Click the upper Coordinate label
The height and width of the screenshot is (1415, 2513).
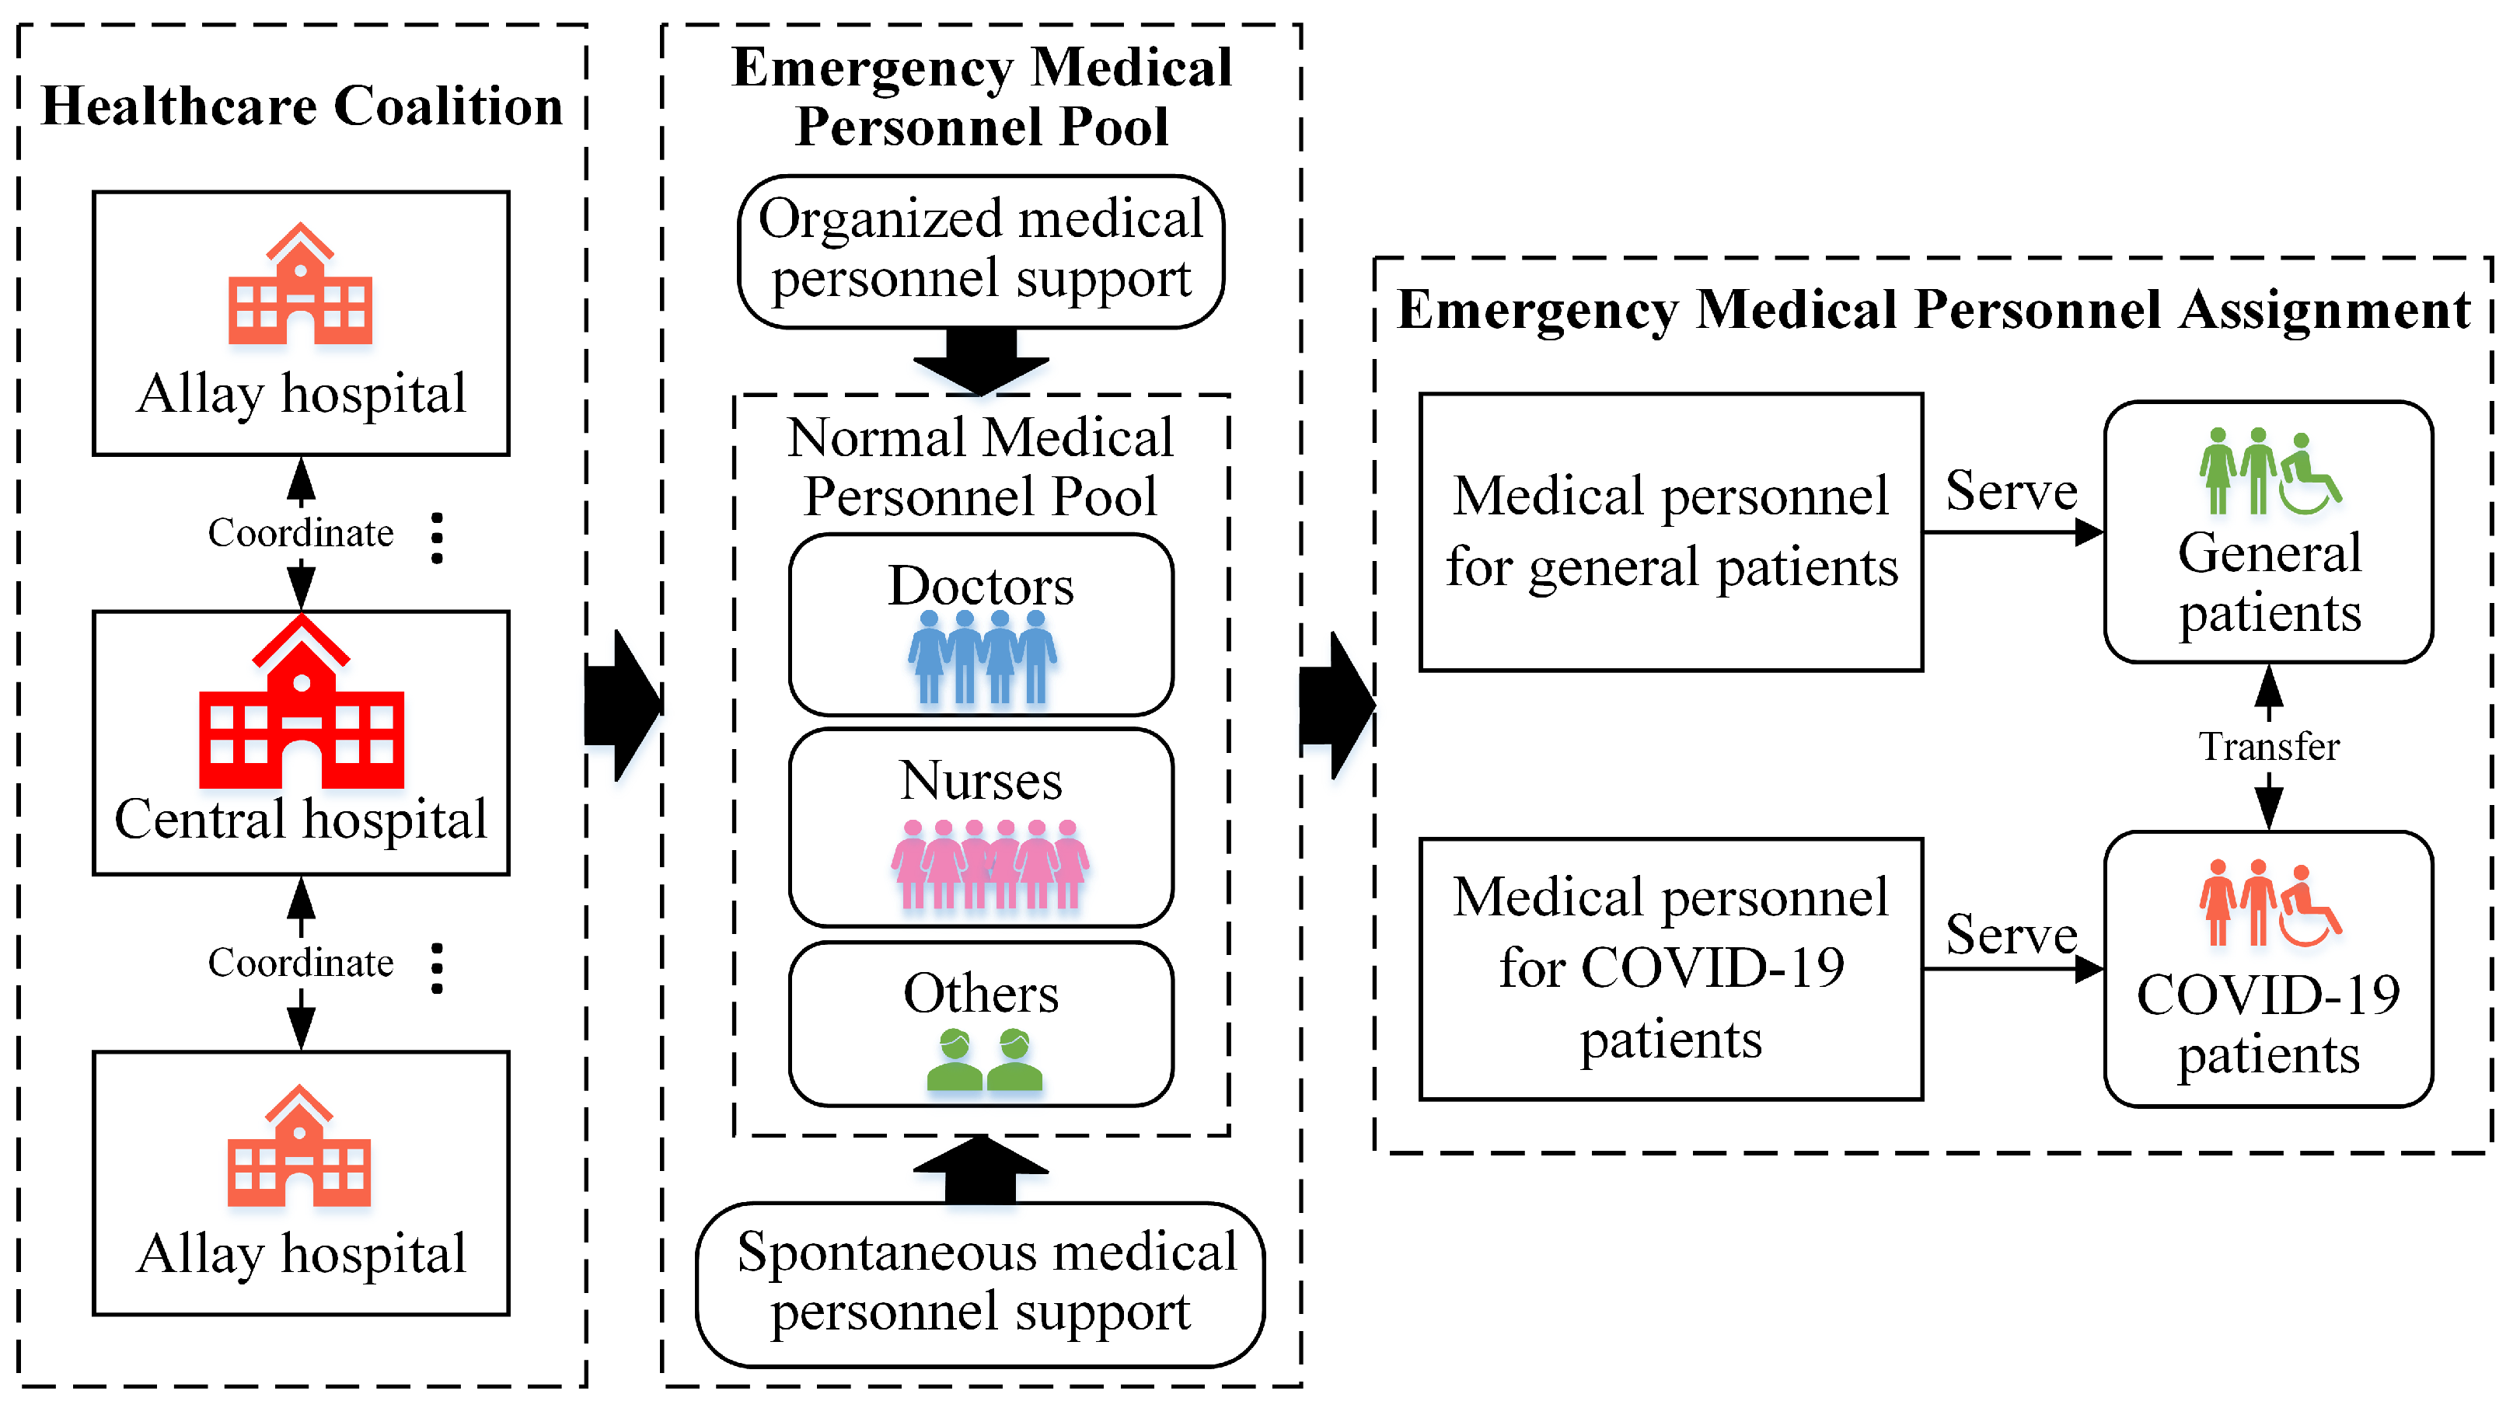(301, 533)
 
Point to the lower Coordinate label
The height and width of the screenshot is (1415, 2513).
(301, 964)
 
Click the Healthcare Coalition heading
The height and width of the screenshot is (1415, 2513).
(302, 106)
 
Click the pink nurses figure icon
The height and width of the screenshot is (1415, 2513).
(989, 864)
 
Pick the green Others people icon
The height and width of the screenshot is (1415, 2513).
(983, 1060)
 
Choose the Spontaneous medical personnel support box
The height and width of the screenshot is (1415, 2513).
(980, 1284)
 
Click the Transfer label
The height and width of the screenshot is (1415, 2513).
(2269, 747)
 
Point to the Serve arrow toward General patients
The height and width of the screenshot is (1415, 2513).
(2012, 532)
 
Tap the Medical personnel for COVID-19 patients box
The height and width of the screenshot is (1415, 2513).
(1670, 968)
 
